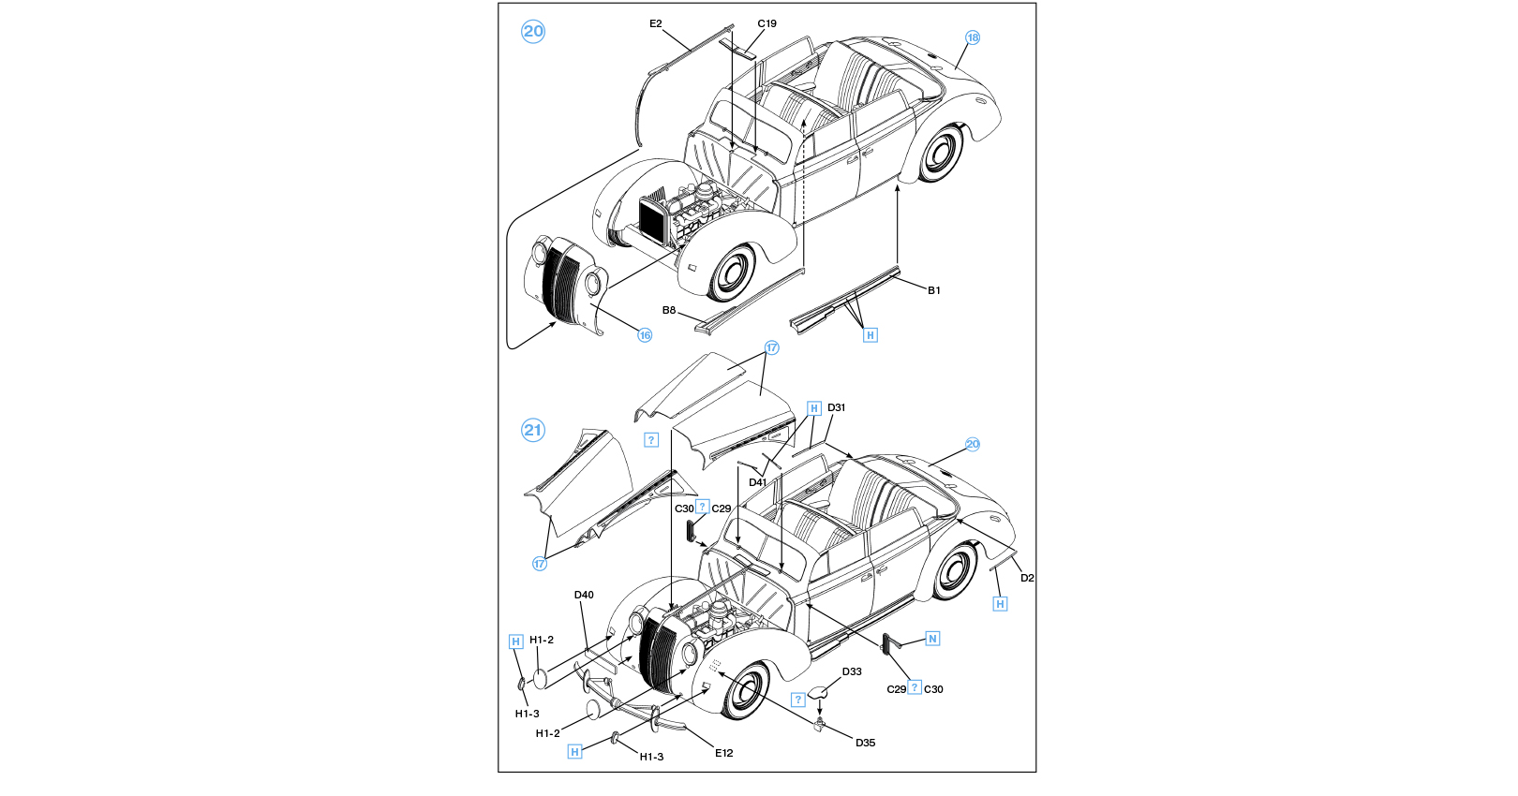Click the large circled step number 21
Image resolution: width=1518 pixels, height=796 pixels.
(533, 430)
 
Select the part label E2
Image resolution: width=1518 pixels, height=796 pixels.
(656, 24)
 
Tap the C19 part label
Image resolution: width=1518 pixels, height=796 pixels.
(766, 24)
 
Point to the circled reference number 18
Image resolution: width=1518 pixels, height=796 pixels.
(973, 37)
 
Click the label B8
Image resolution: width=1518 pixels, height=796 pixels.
(669, 310)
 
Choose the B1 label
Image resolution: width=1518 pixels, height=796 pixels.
(933, 290)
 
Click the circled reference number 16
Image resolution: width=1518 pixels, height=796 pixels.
(645, 335)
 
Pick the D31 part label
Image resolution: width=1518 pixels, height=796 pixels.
(836, 407)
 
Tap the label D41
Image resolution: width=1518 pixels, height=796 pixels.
(757, 483)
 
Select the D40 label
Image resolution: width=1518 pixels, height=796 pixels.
(584, 595)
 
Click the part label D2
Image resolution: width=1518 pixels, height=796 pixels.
(1027, 578)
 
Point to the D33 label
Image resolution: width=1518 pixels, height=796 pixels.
(852, 671)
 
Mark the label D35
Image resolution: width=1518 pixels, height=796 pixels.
(865, 743)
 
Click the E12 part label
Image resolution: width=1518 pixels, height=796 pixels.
(723, 753)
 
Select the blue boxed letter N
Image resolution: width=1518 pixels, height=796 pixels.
(932, 639)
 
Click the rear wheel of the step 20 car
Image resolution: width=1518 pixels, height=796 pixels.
(940, 153)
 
